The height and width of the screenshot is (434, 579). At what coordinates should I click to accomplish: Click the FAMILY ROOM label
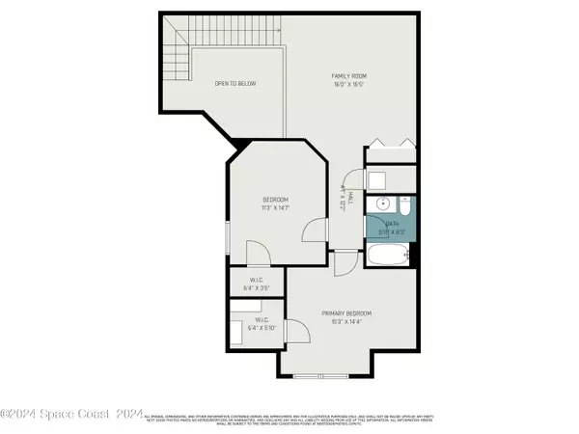pos(348,75)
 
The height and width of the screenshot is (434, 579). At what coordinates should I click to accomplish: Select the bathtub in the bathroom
pos(390,256)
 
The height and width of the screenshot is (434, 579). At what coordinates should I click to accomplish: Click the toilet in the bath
pos(405,205)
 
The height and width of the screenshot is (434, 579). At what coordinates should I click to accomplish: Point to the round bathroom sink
pos(383,203)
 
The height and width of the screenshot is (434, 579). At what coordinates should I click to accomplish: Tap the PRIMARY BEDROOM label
pos(345,313)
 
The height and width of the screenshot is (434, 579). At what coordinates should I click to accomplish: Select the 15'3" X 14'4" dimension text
pos(345,323)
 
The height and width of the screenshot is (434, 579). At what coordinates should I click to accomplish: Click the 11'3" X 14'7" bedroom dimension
pos(275,208)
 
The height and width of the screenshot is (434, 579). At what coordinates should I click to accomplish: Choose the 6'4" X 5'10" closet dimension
pos(262,329)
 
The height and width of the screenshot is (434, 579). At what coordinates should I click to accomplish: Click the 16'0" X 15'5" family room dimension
pos(348,85)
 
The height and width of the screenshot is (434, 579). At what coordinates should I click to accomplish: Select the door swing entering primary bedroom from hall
pos(345,264)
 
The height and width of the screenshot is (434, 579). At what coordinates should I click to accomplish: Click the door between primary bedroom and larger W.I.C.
pos(301,333)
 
